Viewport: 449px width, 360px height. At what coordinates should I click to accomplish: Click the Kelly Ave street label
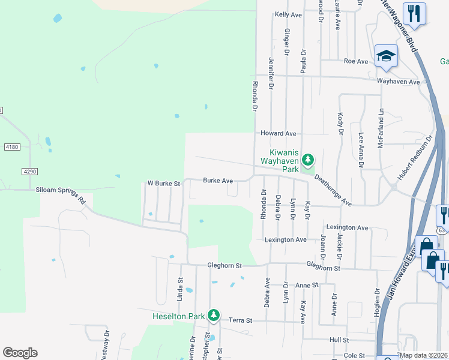[x=288, y=14]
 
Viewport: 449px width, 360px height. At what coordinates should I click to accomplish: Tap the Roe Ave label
[x=355, y=61]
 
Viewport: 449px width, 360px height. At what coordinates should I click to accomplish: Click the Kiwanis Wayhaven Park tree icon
[x=307, y=160]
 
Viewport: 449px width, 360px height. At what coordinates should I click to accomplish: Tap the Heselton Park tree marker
[x=213, y=315]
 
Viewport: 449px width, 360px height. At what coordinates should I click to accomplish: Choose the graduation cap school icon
[x=386, y=56]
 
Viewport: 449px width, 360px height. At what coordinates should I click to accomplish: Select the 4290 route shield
[x=30, y=172]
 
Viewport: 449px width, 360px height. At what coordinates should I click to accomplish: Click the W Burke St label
[x=164, y=184]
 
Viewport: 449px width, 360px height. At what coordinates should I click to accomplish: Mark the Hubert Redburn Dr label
[x=415, y=159]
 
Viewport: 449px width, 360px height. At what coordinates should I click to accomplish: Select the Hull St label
[x=339, y=340]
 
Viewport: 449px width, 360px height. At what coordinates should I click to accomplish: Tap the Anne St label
[x=306, y=285]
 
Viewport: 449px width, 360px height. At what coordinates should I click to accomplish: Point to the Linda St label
[x=179, y=289]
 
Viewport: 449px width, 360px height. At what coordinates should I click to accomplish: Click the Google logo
[x=20, y=353]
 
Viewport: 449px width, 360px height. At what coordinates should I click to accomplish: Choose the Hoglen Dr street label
[x=377, y=300]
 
